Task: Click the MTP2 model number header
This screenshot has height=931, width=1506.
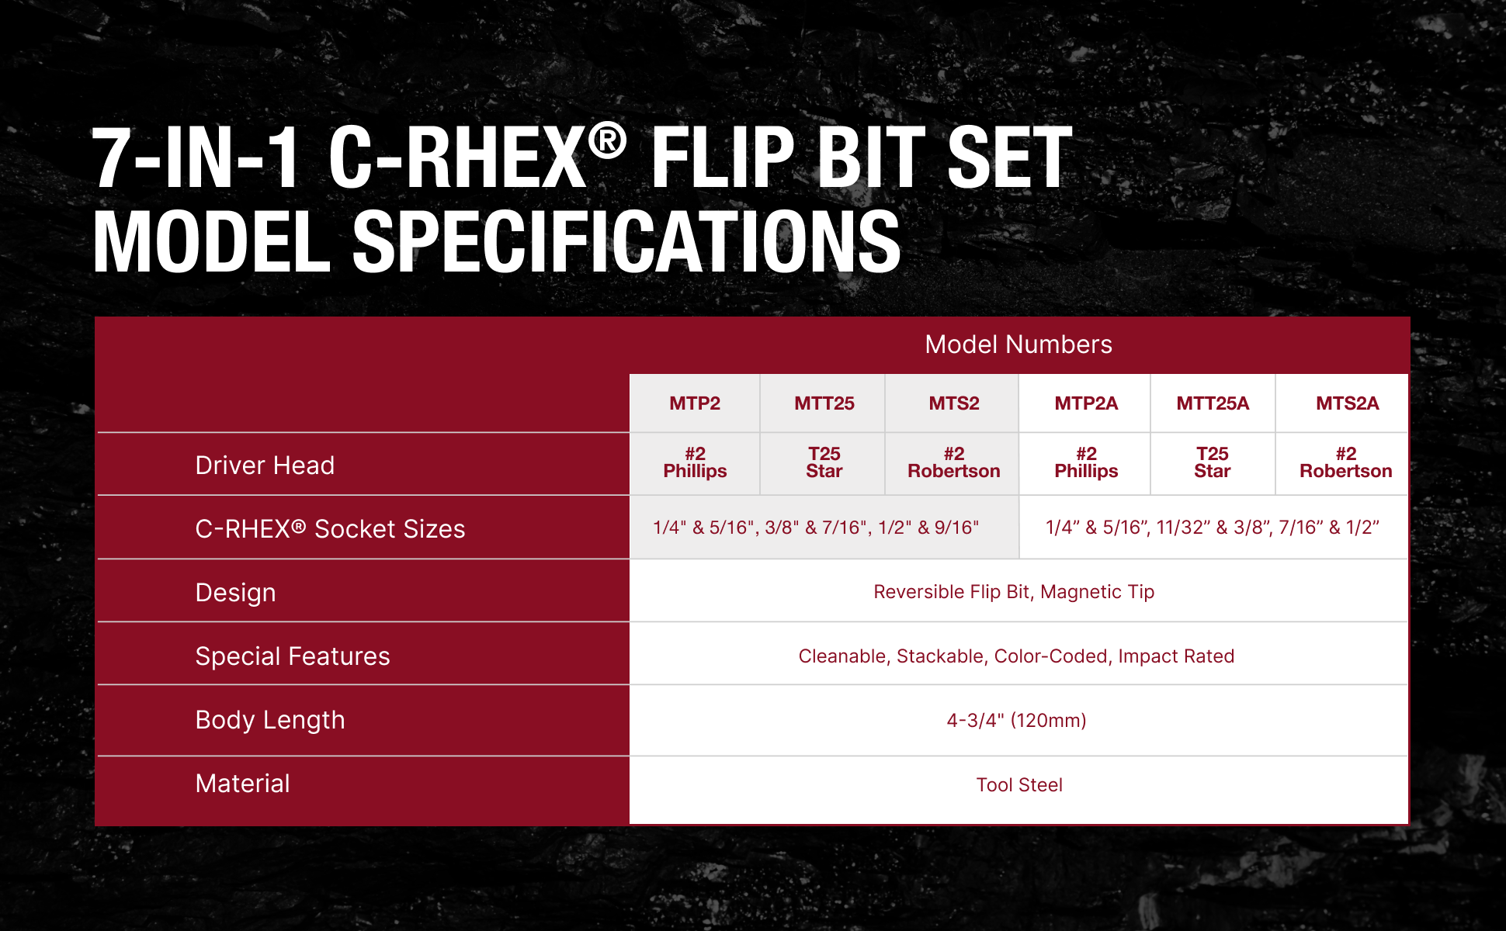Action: (695, 403)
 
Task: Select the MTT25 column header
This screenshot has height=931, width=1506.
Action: (824, 403)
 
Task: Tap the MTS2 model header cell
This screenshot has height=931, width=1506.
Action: (954, 403)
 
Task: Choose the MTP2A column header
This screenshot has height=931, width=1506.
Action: (1086, 403)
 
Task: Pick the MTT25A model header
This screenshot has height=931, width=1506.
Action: (1213, 403)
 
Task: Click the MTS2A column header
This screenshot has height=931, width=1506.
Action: (1347, 403)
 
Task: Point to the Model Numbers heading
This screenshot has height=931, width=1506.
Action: (1018, 344)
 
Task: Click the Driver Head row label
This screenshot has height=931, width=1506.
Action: (265, 465)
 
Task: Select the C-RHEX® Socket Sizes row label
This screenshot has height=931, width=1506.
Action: (330, 529)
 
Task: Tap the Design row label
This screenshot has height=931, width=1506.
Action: (235, 593)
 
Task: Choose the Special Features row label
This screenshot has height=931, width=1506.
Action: (293, 656)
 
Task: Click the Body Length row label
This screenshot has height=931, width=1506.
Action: (270, 720)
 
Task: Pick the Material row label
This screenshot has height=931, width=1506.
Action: (242, 784)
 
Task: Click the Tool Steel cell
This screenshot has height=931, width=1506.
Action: (1019, 785)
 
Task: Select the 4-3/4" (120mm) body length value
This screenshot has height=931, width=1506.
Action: (1016, 721)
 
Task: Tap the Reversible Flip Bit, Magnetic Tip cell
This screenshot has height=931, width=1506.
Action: (1014, 592)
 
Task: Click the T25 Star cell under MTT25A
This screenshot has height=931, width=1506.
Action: (1213, 462)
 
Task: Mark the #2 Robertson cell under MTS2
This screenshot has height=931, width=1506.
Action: (954, 462)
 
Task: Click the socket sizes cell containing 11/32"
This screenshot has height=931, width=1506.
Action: (1213, 528)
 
